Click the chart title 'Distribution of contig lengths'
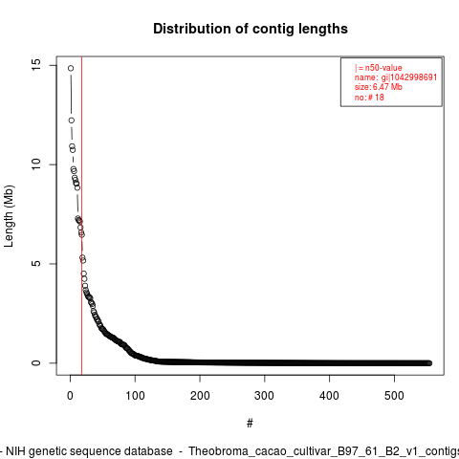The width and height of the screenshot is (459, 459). click(251, 29)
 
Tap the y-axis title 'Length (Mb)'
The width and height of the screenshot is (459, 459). click(9, 216)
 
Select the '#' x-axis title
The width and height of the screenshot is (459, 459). click(250, 424)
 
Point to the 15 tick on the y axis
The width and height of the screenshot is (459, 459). click(36, 65)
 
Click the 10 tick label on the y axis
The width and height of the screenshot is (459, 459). click(36, 164)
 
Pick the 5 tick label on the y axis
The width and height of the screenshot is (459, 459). click(36, 264)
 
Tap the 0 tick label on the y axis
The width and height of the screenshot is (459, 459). click(36, 362)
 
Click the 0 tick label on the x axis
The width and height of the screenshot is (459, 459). click(70, 396)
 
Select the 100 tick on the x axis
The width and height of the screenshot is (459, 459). click(135, 396)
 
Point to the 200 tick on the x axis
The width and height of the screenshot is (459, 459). click(200, 396)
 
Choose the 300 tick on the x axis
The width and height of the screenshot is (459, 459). click(265, 396)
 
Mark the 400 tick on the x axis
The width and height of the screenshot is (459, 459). click(329, 396)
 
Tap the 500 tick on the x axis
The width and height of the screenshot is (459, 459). click(394, 396)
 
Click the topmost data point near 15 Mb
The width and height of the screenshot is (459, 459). click(71, 68)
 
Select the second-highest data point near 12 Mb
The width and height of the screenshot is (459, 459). click(72, 120)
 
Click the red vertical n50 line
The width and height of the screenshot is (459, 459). click(82, 215)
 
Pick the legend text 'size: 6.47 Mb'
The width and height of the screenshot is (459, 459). click(379, 87)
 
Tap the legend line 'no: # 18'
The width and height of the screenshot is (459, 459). click(369, 97)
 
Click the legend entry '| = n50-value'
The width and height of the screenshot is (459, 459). click(379, 68)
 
